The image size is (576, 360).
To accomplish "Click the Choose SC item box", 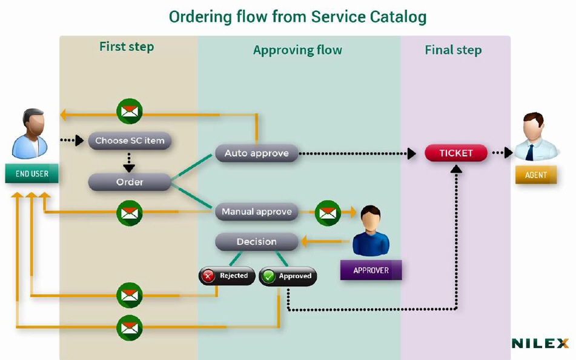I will [x=130, y=141].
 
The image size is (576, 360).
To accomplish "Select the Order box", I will [x=130, y=182].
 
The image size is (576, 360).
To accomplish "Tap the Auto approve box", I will [x=257, y=153].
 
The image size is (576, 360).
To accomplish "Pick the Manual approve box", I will [x=257, y=212].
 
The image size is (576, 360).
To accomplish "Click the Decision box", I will [x=257, y=242].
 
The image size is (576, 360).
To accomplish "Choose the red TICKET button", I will [x=456, y=153].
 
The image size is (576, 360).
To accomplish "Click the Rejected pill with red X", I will [x=227, y=276].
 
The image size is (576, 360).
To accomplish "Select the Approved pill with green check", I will [x=288, y=276].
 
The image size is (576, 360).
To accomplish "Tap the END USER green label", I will [x=32, y=174].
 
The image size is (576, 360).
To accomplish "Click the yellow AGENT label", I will [x=536, y=175].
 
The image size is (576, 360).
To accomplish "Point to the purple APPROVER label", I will [x=371, y=270].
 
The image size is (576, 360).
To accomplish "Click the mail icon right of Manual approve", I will [x=328, y=212].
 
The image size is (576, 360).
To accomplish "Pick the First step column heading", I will [x=127, y=47].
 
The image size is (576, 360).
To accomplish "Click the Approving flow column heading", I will [x=297, y=50].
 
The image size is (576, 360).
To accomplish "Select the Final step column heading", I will [x=453, y=50].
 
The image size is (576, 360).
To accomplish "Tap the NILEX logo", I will [x=540, y=344].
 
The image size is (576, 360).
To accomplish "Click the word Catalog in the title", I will [x=396, y=16].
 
